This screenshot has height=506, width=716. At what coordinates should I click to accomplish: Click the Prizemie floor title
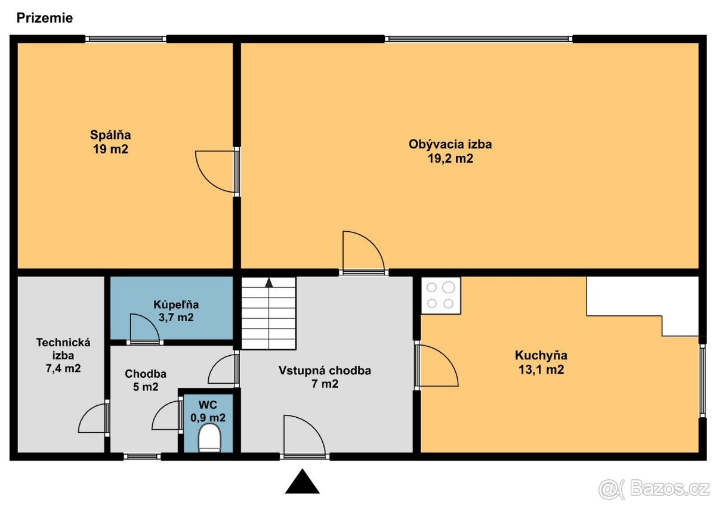44,18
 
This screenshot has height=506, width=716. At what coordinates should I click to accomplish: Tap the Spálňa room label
110,135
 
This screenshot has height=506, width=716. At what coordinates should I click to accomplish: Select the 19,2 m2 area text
450,159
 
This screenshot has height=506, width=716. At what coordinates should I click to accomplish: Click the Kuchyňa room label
541,355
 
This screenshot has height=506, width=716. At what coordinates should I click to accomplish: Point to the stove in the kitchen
441,296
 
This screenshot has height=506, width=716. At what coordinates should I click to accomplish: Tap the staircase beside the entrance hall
268,313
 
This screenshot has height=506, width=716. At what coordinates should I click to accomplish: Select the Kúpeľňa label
176,305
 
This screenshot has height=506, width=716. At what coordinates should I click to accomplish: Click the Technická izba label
63,349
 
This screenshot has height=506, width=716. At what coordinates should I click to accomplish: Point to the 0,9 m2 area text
208,418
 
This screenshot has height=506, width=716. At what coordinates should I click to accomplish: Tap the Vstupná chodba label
325,370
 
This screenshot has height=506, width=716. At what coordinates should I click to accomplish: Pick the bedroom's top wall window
126,39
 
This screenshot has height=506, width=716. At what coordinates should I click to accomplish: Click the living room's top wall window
478,39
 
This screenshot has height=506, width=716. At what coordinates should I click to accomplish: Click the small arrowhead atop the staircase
269,283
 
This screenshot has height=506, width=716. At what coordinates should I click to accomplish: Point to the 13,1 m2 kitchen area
541,370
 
